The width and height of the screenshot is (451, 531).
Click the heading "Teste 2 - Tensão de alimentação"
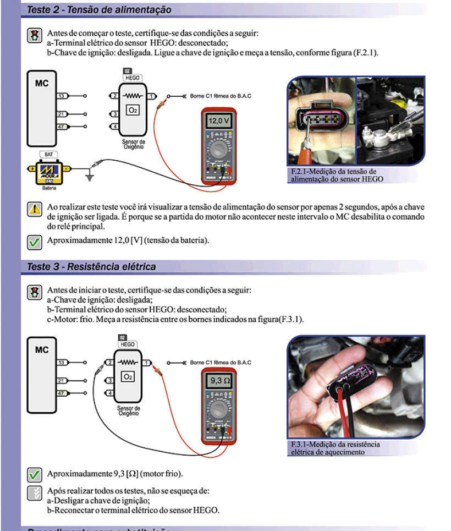pyautogui.click(x=99, y=10)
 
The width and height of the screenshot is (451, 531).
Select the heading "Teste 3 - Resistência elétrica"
pyautogui.click(x=91, y=267)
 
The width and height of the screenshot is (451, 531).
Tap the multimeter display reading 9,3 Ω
pyautogui.click(x=218, y=380)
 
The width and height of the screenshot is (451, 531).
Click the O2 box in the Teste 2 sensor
pyautogui.click(x=133, y=110)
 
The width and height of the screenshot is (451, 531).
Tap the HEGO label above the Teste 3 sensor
pyautogui.click(x=127, y=344)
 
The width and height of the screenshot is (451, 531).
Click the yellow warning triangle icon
pyautogui.click(x=34, y=209)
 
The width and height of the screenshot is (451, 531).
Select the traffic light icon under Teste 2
pyautogui.click(x=34, y=36)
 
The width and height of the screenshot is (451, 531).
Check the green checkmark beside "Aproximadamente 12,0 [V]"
pyautogui.click(x=34, y=241)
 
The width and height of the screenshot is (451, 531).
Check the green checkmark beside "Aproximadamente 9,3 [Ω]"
pyautogui.click(x=34, y=474)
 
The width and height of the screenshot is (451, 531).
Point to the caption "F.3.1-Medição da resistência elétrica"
pyautogui.click(x=335, y=448)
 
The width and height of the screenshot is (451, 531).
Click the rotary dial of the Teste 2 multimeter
pyautogui.click(x=218, y=149)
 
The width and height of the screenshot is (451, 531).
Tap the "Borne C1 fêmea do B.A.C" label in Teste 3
pyautogui.click(x=221, y=363)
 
